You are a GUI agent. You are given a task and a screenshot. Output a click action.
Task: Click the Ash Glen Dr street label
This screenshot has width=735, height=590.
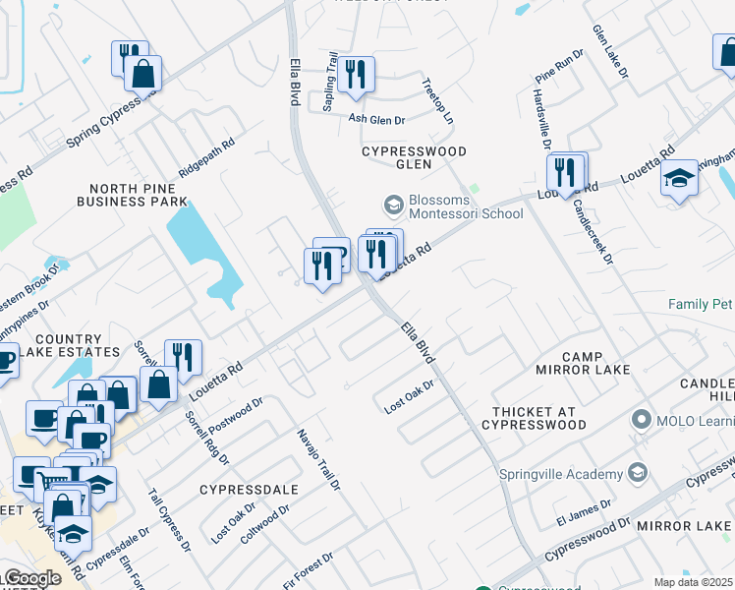[377, 120]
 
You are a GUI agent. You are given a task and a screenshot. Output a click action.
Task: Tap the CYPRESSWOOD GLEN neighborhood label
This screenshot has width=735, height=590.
[414, 157]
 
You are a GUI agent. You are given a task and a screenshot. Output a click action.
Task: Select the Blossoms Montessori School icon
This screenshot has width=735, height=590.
[393, 205]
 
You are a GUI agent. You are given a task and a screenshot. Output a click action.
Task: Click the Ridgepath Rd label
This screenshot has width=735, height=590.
[206, 156]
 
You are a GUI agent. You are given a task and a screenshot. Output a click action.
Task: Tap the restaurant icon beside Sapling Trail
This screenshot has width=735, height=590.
[355, 74]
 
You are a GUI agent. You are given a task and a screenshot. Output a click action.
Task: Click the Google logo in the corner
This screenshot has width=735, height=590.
[31, 578]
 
